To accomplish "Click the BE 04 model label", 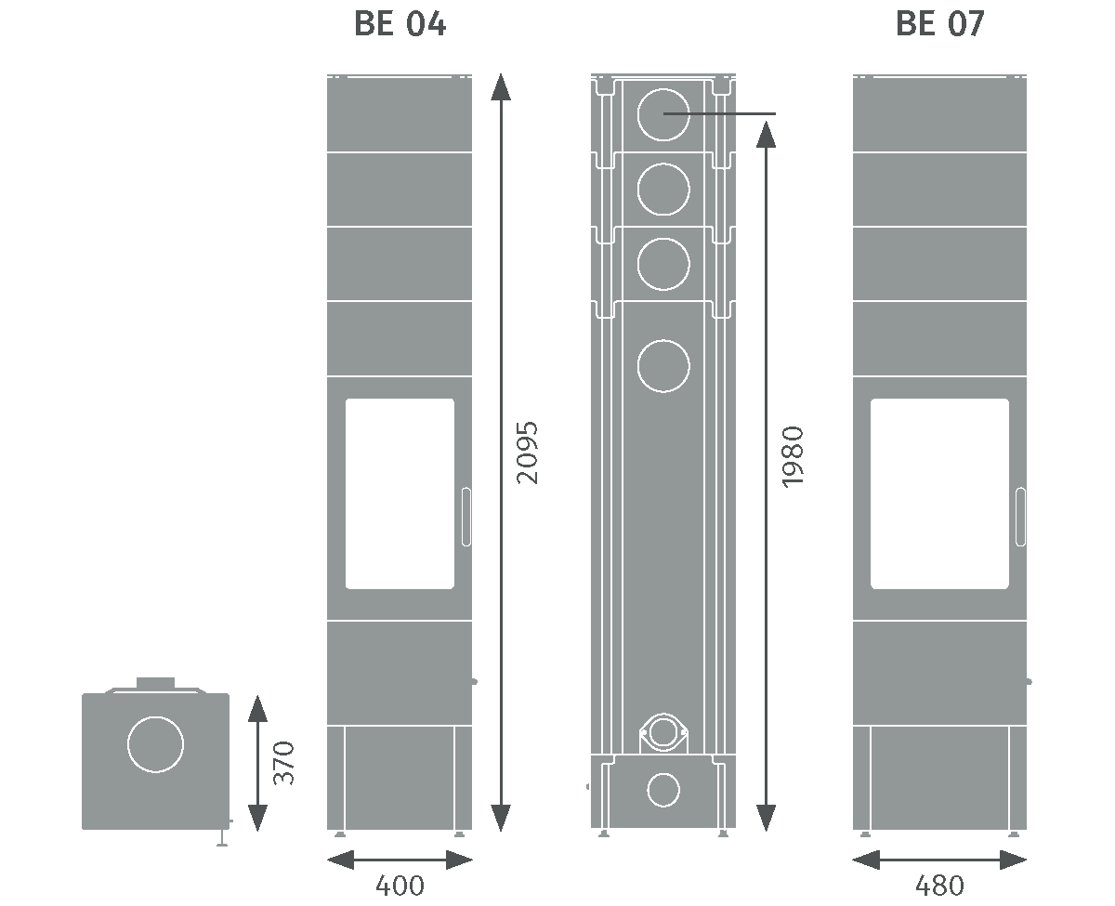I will click(400, 25).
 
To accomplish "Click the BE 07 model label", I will click(939, 25).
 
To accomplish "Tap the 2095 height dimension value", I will click(527, 453).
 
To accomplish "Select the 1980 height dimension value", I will click(792, 456).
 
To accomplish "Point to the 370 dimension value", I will click(284, 762).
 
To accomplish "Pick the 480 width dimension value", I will click(939, 886).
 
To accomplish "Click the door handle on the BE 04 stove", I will click(466, 516).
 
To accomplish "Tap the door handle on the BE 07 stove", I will click(1020, 516).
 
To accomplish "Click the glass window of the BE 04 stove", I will click(400, 493).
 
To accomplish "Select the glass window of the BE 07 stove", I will click(939, 493).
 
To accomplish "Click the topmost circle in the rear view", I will click(663, 113).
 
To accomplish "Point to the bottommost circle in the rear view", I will click(663, 790).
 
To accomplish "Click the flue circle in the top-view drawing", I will click(155, 743).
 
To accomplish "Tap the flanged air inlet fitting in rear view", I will click(663, 733).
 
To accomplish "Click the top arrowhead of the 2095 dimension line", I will click(501, 85).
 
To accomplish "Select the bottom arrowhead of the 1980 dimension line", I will click(766, 818).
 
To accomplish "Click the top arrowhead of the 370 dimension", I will click(257, 708).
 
